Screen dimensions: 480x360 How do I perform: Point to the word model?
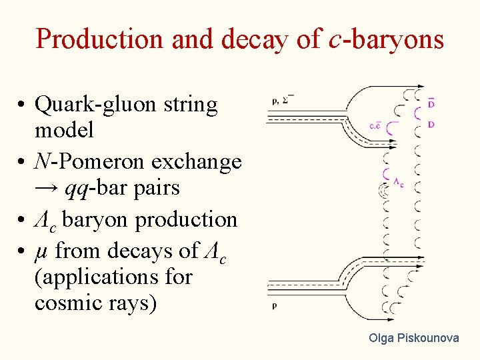point(64,130)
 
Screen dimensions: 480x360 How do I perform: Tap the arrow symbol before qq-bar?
point(47,189)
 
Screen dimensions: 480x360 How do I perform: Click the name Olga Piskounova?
point(414,338)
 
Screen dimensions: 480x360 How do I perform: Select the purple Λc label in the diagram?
point(397,183)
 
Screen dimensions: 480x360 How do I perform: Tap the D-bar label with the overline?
point(431,103)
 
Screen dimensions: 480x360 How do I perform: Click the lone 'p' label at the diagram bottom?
point(275,307)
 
